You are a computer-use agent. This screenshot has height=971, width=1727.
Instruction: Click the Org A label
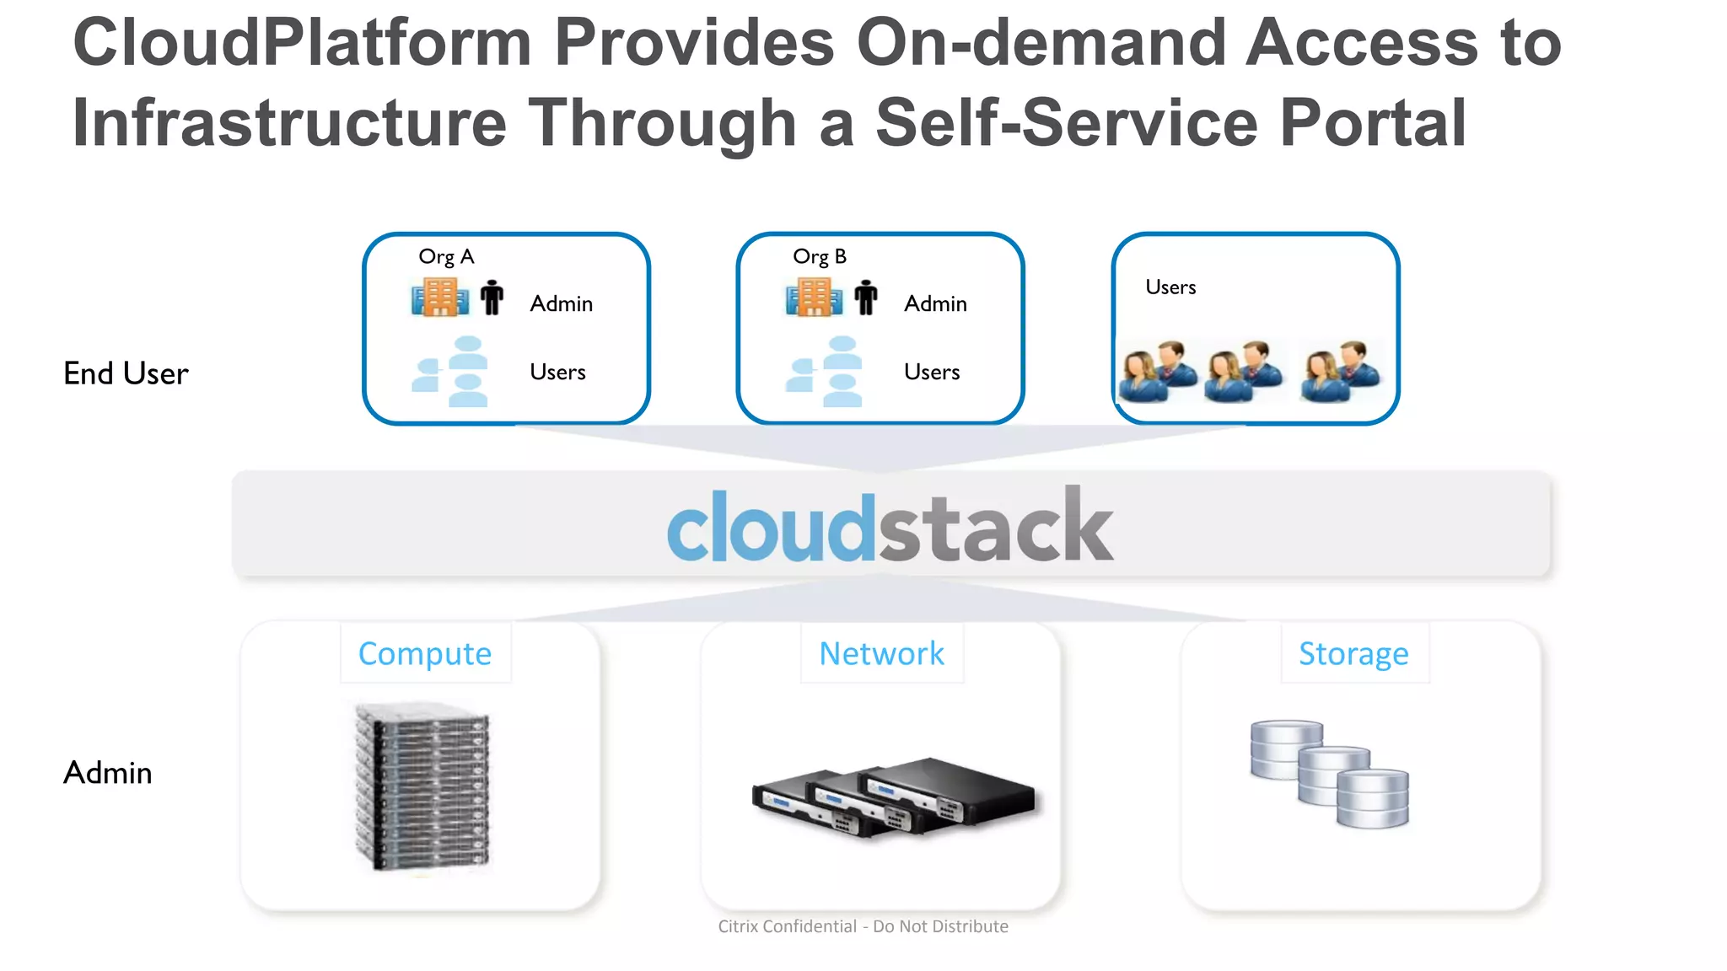click(x=446, y=257)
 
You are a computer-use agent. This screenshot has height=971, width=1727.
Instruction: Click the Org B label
click(x=819, y=257)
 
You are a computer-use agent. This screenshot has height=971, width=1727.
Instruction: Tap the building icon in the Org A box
click(x=439, y=298)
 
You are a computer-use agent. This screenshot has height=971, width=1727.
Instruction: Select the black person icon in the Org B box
click(x=866, y=298)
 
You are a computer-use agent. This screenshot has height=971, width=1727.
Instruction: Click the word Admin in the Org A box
click(x=561, y=304)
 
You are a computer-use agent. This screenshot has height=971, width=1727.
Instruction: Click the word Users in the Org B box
click(x=932, y=373)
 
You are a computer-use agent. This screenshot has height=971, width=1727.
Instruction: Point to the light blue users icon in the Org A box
click(x=452, y=373)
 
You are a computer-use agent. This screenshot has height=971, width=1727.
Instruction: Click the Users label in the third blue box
click(x=1170, y=287)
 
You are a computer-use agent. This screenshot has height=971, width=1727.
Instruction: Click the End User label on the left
click(x=126, y=374)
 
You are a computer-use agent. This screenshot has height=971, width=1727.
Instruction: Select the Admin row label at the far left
click(x=108, y=773)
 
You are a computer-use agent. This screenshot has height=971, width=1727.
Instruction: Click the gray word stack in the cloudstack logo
click(x=996, y=528)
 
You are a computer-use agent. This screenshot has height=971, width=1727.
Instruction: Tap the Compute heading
click(x=425, y=654)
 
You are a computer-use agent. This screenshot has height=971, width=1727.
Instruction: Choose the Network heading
click(x=881, y=654)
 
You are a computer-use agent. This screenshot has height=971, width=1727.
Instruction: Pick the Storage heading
click(x=1353, y=654)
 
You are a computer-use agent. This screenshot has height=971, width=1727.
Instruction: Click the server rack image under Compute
click(x=422, y=786)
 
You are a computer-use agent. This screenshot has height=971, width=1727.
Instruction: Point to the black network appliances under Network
click(x=893, y=797)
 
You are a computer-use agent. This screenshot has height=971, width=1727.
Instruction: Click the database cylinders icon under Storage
click(x=1329, y=773)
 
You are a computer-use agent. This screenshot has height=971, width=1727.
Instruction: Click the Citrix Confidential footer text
click(x=863, y=926)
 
